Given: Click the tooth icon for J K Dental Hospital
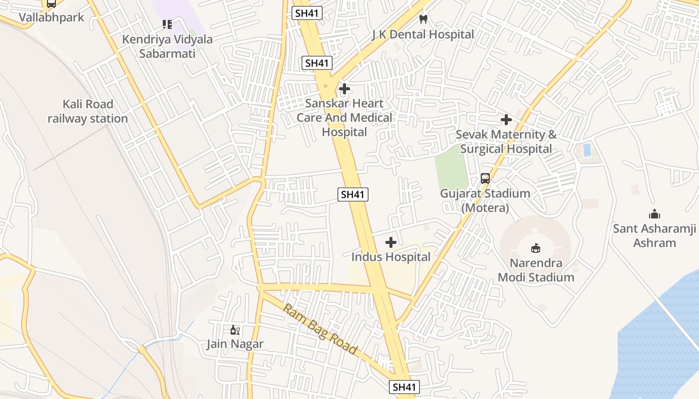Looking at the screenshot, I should click(423, 19).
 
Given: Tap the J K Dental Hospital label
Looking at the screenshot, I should click(423, 34).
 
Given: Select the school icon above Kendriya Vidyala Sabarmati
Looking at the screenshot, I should click(167, 24).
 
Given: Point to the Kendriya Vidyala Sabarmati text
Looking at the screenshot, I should click(167, 46).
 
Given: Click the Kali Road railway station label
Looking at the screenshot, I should click(88, 111).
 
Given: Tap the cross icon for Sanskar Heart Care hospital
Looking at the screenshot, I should click(345, 89).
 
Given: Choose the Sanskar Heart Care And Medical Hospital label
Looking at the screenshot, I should click(345, 118).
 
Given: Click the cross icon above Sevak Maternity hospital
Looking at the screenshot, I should click(506, 120).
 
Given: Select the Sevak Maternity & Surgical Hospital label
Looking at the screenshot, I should click(506, 142).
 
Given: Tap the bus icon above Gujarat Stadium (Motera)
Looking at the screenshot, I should click(485, 179).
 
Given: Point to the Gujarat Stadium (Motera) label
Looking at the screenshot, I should click(485, 200).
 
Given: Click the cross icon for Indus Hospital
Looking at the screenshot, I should click(391, 242).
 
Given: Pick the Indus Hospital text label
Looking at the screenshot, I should click(391, 257).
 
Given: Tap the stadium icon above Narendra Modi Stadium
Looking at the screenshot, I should click(536, 248).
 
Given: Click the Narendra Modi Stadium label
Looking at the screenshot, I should click(536, 270).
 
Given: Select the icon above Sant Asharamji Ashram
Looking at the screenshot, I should click(654, 214).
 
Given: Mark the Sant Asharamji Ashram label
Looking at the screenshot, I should click(654, 236).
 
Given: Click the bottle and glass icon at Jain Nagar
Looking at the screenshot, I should click(235, 330).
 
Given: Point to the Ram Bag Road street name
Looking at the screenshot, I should click(320, 329).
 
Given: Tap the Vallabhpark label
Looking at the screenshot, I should click(51, 17).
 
